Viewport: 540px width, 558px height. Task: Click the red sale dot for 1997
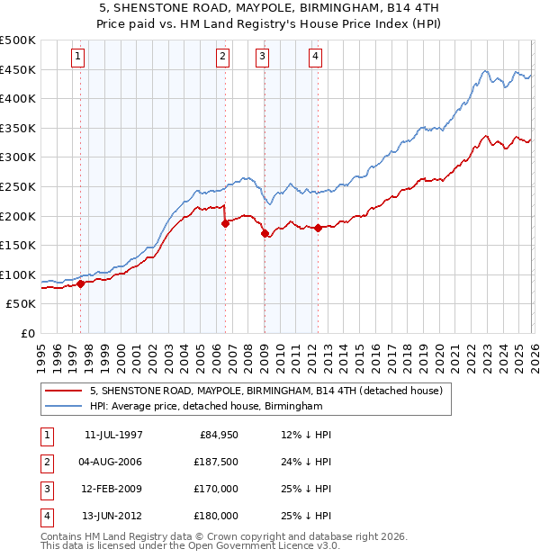point(80,283)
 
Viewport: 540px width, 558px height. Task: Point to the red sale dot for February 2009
point(265,234)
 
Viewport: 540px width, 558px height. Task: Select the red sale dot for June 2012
point(318,228)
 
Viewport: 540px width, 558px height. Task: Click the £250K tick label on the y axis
point(18,186)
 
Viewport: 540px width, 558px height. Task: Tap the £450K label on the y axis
point(18,69)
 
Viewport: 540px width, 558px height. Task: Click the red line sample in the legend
point(65,391)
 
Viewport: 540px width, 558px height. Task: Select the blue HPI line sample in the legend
point(65,407)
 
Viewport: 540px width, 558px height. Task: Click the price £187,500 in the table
point(216,463)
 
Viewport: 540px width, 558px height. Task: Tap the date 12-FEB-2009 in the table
point(113,489)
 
